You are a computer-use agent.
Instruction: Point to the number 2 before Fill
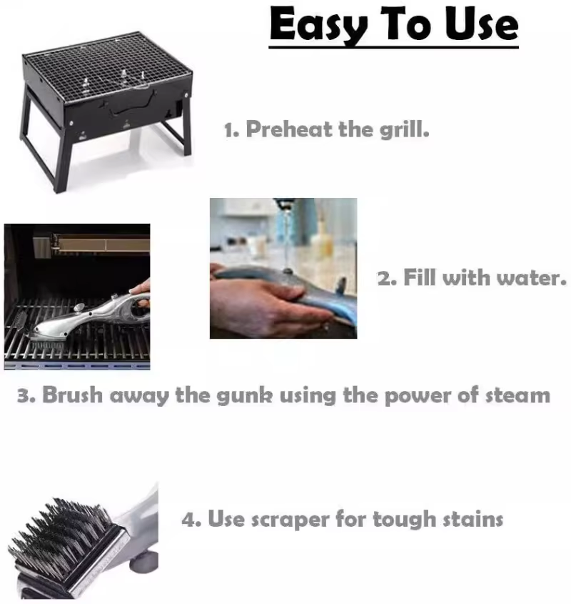(384, 278)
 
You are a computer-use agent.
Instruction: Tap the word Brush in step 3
(74, 395)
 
